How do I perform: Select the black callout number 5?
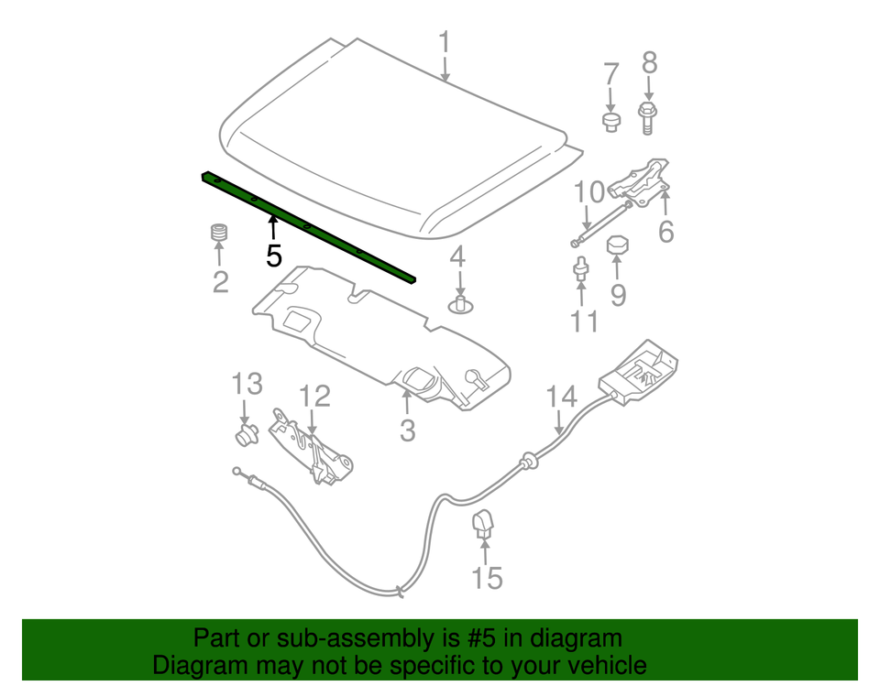[x=274, y=256]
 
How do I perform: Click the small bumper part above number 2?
[x=219, y=233]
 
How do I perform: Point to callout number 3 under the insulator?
[x=407, y=428]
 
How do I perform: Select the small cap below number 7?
[x=611, y=122]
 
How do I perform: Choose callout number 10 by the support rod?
[x=589, y=192]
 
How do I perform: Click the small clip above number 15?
[x=484, y=523]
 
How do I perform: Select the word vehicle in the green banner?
[x=601, y=665]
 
